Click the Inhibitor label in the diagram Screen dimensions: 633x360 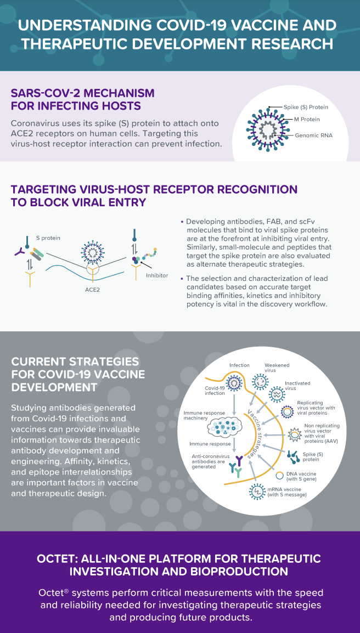pos(157,275)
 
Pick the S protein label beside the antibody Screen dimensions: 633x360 pos(49,238)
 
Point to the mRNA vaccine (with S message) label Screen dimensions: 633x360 pos(289,491)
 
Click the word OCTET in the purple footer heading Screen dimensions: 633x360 pos(60,558)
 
